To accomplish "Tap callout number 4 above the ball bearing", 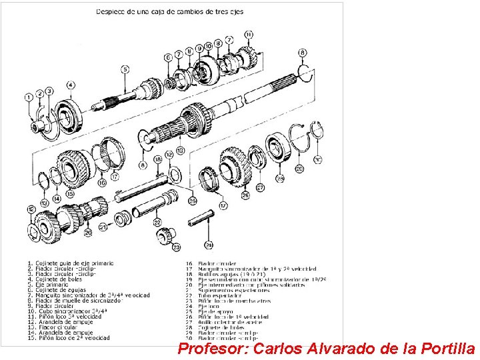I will click(x=71, y=85).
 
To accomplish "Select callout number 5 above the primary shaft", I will click(x=125, y=69).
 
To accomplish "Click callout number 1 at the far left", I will click(x=29, y=97).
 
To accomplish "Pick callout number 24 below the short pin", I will click(x=209, y=245).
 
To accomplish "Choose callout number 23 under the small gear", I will click(x=176, y=247).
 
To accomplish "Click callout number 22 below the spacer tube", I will click(x=157, y=222).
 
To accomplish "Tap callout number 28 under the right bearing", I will click(x=279, y=179).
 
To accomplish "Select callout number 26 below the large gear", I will click(x=245, y=195).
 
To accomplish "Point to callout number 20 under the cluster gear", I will click(x=87, y=232).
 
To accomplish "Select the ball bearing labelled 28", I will click(x=275, y=148).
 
